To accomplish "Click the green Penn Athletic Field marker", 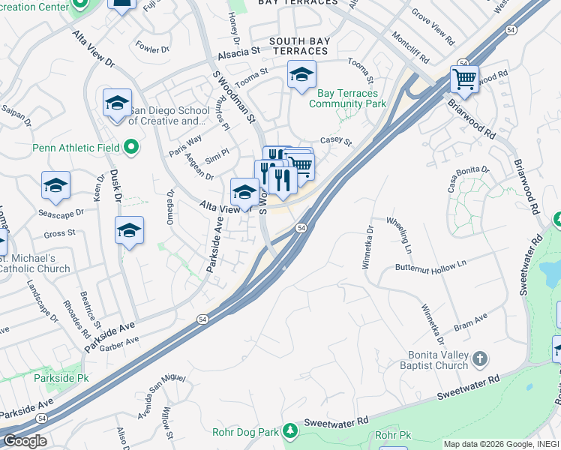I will [131, 147].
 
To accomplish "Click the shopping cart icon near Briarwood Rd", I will [464, 78].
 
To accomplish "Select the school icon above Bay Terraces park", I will [301, 74].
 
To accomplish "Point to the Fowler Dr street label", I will [153, 47].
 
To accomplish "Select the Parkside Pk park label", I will [61, 378].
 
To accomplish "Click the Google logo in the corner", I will [24, 440].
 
